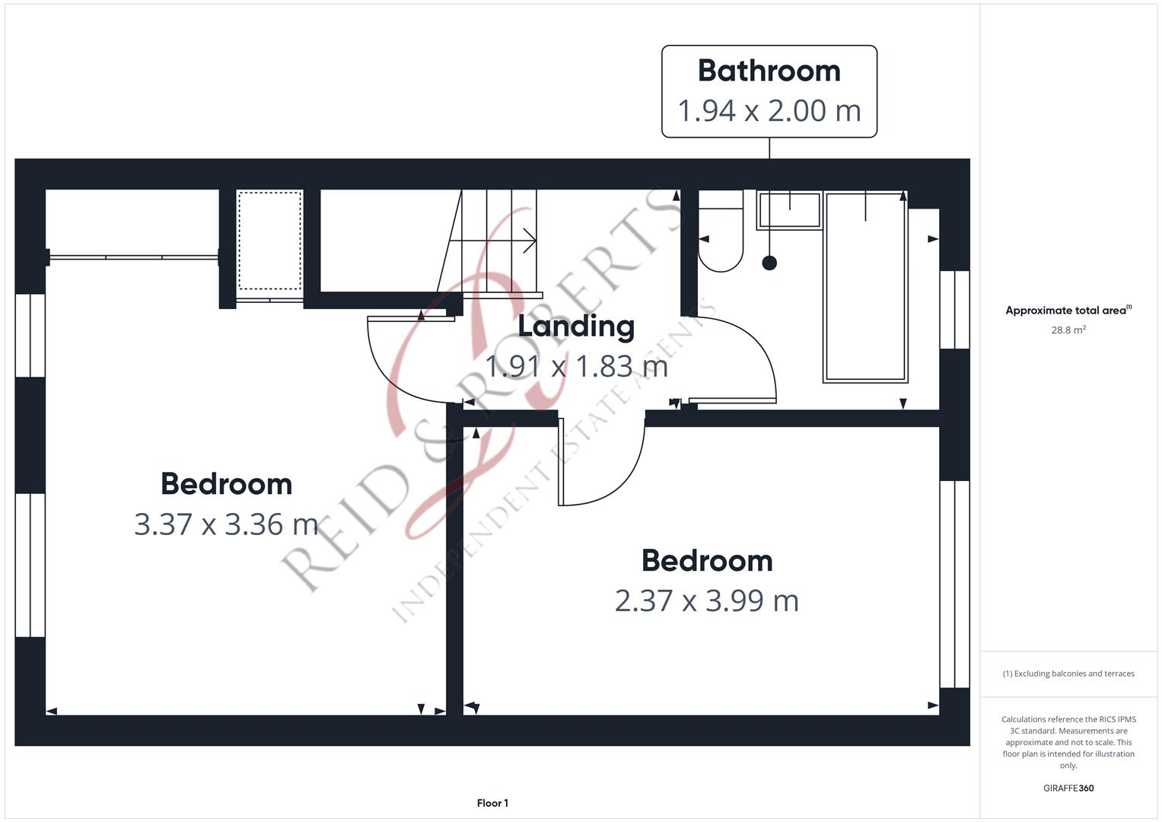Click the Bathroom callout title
click(769, 71)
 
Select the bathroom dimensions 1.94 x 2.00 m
click(769, 110)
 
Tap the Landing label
click(576, 326)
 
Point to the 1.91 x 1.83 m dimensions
click(576, 366)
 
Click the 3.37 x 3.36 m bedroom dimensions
click(226, 524)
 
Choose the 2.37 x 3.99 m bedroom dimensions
click(706, 601)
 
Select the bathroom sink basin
click(789, 210)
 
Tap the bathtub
click(865, 286)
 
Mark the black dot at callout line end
click(769, 263)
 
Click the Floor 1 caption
click(492, 803)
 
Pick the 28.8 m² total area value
click(1068, 330)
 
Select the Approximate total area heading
click(1068, 311)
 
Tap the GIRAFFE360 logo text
click(1068, 789)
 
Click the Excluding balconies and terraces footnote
click(1068, 674)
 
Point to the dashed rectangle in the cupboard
click(269, 241)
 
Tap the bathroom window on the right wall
click(954, 309)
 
